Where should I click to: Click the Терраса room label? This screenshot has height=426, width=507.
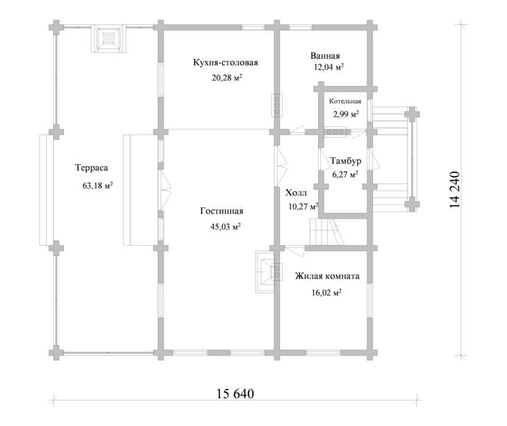92,168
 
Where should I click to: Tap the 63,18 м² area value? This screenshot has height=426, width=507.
98,185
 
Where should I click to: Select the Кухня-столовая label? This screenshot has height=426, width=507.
226,62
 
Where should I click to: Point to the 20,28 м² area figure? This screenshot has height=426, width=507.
227,77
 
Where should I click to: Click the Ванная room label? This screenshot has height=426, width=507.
325,55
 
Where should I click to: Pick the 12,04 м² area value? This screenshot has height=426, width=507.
329,67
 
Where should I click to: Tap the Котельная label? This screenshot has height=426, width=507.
345,101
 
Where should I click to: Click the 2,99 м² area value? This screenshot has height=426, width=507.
346,114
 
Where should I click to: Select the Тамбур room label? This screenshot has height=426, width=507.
346,160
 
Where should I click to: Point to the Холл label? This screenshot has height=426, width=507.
296,193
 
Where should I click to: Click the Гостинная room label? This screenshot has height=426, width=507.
222,211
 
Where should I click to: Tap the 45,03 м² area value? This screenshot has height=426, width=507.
225,226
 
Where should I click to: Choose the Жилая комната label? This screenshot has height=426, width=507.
327,276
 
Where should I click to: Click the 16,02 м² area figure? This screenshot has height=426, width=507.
327,293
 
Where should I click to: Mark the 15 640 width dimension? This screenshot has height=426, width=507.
235,393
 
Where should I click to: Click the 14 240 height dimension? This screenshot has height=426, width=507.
454,190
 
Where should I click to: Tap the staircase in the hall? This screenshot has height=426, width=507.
327,231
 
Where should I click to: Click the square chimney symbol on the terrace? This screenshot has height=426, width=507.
109,39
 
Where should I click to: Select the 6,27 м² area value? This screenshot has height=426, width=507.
345,175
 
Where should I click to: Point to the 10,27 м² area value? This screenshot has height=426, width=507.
303,206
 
